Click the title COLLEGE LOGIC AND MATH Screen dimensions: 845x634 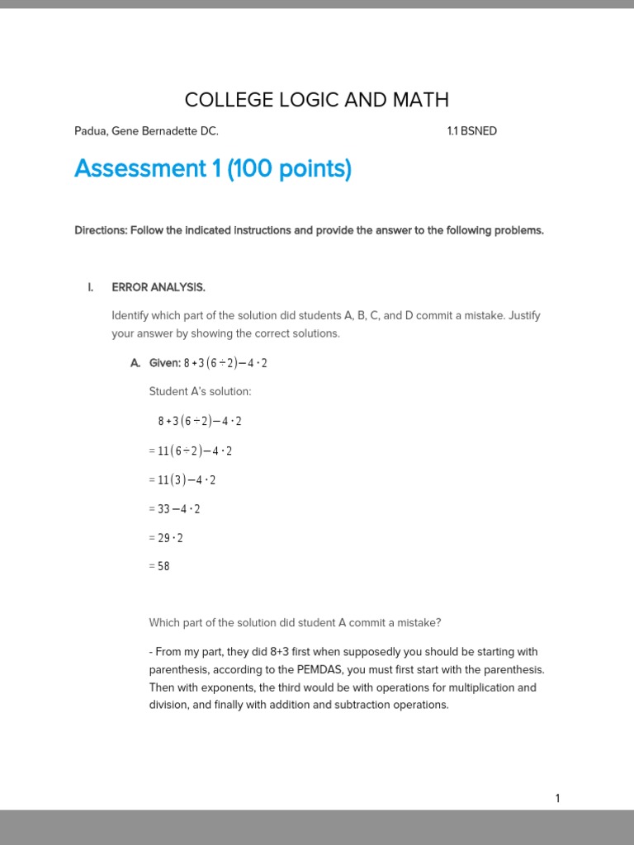point(317,100)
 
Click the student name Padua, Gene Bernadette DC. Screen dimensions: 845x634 point(146,131)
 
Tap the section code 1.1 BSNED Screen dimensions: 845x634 point(471,131)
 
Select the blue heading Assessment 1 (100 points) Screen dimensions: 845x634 point(213,169)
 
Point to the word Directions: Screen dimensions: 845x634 point(100,230)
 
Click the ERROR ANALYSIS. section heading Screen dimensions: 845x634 point(158,287)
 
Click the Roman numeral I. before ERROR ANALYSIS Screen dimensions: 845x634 point(91,287)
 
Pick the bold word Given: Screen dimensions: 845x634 point(165,363)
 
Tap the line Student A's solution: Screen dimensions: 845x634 point(200,391)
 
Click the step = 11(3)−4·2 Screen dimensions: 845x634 point(182,479)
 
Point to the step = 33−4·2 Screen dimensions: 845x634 point(175,508)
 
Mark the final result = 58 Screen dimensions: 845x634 point(159,566)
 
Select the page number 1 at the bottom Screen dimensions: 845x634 point(557,798)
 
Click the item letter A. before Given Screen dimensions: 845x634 point(135,363)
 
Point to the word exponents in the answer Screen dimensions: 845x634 point(209,687)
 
